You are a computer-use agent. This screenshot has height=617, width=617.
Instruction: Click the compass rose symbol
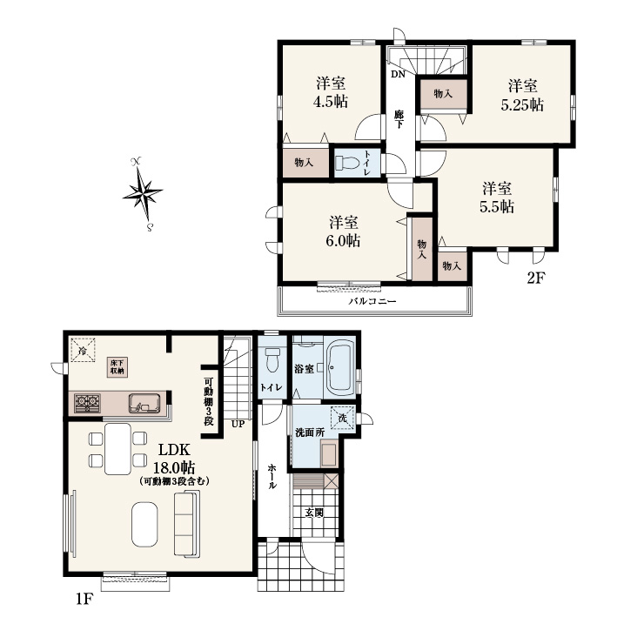[x=143, y=194]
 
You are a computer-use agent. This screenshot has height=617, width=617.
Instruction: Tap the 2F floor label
[x=535, y=278]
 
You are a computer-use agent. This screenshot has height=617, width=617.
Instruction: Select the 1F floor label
[x=84, y=599]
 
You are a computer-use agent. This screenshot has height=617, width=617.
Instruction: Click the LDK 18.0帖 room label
[x=174, y=459]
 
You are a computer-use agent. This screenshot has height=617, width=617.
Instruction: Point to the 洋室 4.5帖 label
[x=331, y=93]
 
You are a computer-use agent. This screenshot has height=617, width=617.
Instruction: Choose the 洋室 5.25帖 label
[x=522, y=95]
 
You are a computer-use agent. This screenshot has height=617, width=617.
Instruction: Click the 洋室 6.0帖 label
[x=343, y=231]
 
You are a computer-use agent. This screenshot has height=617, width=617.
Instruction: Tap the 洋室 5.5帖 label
[x=497, y=198]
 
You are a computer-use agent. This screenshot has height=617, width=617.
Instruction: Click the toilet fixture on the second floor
[x=347, y=164]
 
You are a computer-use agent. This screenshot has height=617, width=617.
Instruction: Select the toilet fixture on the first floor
[x=272, y=360]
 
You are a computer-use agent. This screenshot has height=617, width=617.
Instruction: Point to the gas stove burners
[x=87, y=403]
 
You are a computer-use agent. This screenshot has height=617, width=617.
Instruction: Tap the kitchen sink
[x=144, y=403]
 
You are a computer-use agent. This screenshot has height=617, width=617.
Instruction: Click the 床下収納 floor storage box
[x=117, y=366]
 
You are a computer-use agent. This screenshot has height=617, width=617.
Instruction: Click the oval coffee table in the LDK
[x=144, y=525]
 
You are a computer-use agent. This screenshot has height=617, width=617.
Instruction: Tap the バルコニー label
[x=372, y=301]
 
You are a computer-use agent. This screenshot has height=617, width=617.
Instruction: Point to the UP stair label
[x=238, y=424]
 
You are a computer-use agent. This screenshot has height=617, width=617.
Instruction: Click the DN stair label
[x=399, y=74]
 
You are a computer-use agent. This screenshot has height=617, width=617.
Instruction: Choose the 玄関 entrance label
[x=314, y=513]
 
